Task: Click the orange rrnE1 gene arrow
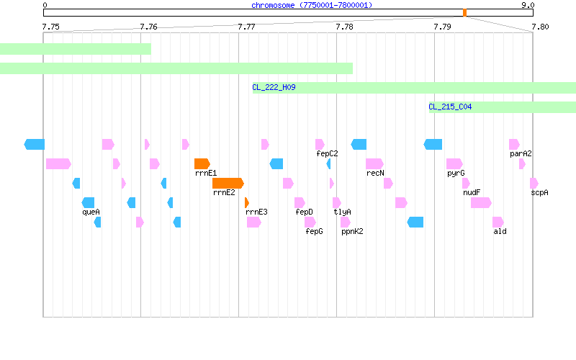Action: (202, 164)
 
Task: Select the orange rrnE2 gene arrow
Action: (228, 184)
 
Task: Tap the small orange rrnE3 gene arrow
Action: (247, 203)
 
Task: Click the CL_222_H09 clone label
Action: (274, 87)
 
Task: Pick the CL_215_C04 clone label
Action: (450, 107)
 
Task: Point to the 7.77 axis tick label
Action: (246, 27)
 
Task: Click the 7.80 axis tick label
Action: (540, 27)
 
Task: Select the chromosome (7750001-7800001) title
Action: (312, 5)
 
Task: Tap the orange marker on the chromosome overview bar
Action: (464, 13)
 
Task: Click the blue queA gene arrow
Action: (88, 203)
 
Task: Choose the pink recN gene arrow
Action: (374, 164)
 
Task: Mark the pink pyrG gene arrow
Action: (454, 164)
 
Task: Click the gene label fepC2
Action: (327, 153)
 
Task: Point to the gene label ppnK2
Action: (352, 231)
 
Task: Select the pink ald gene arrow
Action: (498, 222)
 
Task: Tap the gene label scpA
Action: (539, 192)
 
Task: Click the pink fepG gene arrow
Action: (310, 222)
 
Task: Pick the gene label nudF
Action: (472, 192)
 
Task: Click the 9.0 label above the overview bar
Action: (528, 5)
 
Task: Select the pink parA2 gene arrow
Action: (514, 145)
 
